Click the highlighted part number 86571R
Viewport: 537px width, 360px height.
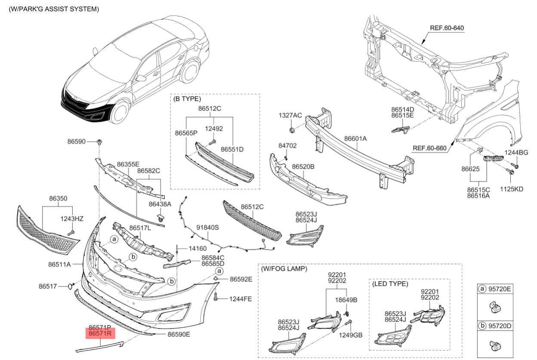[100, 333]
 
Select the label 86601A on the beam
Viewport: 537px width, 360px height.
[355, 139]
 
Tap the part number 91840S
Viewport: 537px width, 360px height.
[208, 228]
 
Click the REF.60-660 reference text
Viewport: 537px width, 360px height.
[429, 148]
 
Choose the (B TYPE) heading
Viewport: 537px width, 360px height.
[187, 98]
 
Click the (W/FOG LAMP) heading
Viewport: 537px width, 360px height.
[284, 269]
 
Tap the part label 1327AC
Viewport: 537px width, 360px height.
[290, 115]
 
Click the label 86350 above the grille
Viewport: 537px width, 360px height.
[58, 199]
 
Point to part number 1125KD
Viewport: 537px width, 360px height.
[512, 189]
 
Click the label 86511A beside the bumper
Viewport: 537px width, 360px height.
[59, 264]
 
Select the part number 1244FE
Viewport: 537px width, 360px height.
[241, 298]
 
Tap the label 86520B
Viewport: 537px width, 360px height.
[303, 166]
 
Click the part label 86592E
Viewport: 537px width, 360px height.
[241, 279]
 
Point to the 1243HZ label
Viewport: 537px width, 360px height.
[72, 219]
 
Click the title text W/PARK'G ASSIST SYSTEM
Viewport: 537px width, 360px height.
[54, 9]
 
